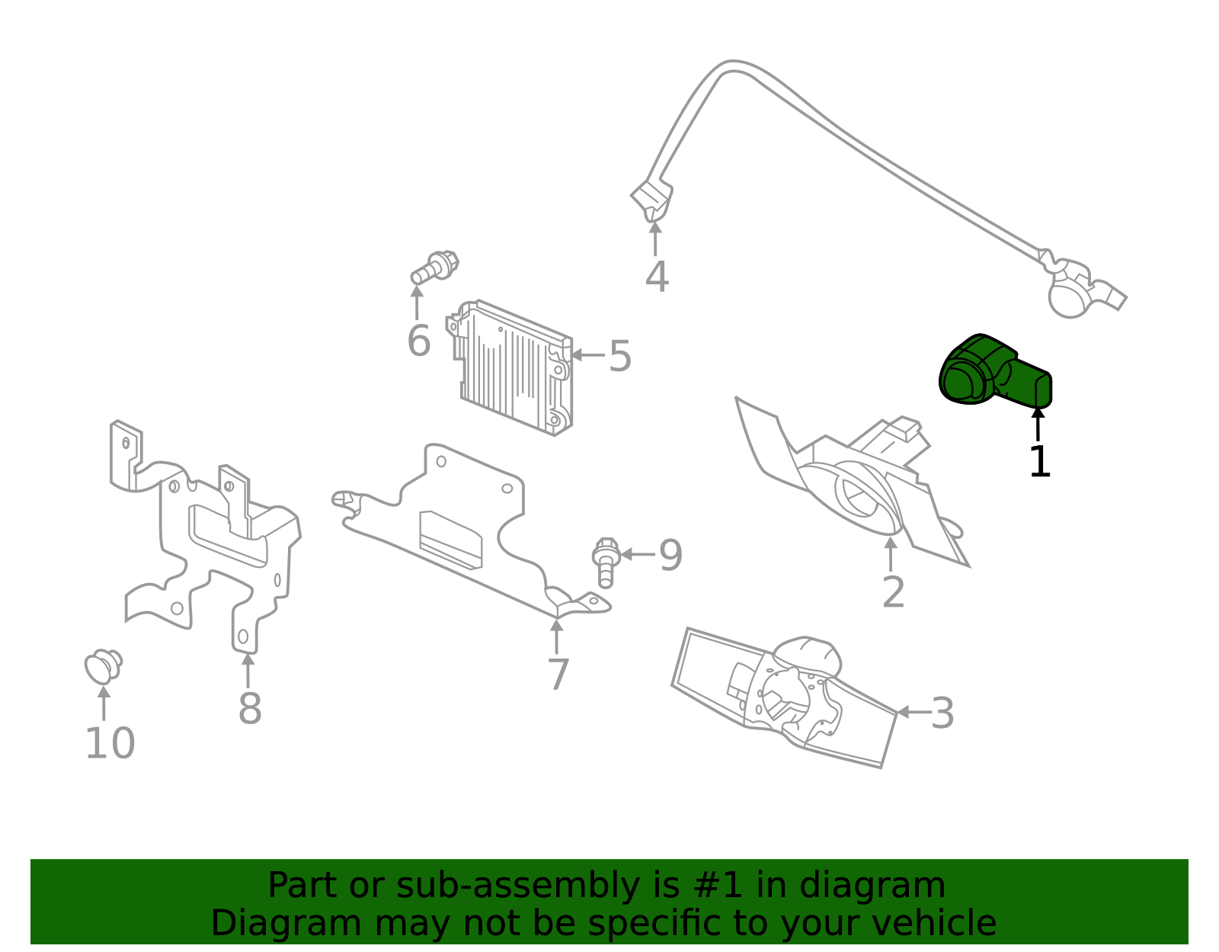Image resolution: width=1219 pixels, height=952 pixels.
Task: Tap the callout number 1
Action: tap(1039, 462)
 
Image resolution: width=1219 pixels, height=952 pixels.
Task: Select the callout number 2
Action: tap(893, 592)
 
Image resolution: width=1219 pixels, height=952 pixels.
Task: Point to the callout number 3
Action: tap(942, 714)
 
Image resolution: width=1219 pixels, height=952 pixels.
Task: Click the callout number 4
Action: tap(657, 277)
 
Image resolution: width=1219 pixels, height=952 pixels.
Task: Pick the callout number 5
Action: tap(620, 356)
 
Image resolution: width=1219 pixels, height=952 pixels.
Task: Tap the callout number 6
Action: tap(418, 341)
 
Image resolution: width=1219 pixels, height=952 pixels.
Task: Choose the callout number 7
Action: tap(558, 675)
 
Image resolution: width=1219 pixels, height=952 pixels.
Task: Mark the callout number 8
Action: tap(250, 709)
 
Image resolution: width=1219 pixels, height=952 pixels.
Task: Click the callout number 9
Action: tap(670, 555)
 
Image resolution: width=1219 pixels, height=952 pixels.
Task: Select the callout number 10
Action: tap(110, 744)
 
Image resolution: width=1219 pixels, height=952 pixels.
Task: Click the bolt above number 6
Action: tap(435, 268)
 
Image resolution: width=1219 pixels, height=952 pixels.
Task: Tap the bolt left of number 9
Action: tap(605, 562)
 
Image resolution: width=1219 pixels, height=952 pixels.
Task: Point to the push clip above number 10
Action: tap(102, 666)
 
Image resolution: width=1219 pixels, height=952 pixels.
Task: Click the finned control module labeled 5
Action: tap(514, 368)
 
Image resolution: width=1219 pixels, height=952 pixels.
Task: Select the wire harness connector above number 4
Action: tap(652, 200)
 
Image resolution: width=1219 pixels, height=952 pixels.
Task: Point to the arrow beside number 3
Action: tap(911, 712)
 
